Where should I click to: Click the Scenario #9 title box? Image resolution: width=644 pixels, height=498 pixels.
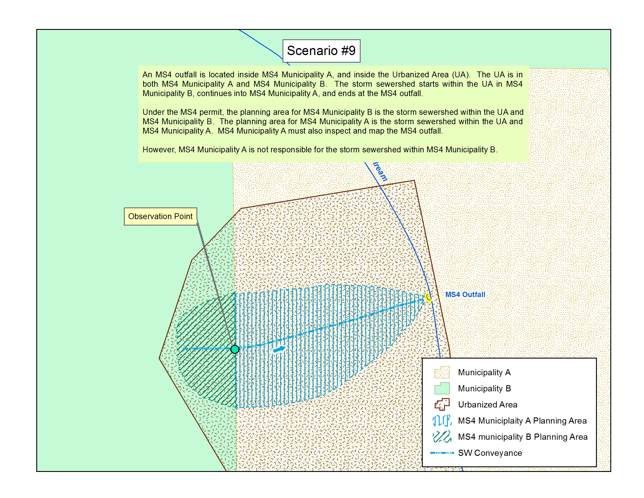[321, 51]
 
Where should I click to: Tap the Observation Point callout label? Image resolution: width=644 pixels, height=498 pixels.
[160, 216]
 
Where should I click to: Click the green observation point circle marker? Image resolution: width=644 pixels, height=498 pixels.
[235, 349]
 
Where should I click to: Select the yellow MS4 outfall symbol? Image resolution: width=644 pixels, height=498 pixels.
[429, 297]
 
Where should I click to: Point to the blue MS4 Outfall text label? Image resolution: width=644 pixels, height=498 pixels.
[465, 294]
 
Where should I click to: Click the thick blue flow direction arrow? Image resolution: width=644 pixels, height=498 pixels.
[279, 349]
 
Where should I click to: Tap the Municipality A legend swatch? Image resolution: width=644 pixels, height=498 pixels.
[442, 372]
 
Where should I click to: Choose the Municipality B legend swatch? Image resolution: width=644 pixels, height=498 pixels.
[442, 388]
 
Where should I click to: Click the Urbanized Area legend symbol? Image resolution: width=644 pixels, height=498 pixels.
[442, 405]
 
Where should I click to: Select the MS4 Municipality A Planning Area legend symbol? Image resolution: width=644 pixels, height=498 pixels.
[442, 420]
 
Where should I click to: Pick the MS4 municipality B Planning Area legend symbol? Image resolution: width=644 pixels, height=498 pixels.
[442, 437]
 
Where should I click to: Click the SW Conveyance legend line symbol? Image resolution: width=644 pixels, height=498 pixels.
[442, 453]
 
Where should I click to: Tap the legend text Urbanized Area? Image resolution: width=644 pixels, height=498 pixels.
[487, 405]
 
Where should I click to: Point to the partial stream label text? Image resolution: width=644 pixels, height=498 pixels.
[380, 171]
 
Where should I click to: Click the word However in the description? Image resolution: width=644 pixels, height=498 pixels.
[159, 150]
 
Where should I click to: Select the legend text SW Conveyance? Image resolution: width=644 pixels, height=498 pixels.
[490, 453]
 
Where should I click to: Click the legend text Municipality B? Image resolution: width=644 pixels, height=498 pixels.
[484, 388]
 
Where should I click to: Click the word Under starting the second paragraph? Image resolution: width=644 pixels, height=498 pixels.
[152, 112]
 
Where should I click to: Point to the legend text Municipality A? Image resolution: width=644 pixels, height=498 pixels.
[484, 372]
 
